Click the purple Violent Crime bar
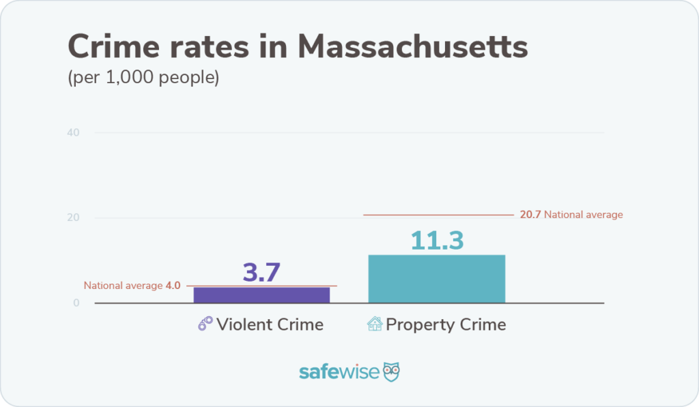click(261, 295)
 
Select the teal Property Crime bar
click(436, 279)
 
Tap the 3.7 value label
click(261, 272)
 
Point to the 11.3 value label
click(437, 240)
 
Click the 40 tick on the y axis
click(74, 132)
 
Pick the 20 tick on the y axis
click(74, 218)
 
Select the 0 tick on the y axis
click(76, 303)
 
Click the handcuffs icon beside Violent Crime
click(205, 324)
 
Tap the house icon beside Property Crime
click(375, 324)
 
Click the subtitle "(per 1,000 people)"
click(143, 78)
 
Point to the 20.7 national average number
click(530, 215)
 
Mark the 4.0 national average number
click(173, 286)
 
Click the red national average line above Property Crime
click(437, 215)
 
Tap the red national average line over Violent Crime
click(261, 286)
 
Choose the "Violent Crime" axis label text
click(270, 324)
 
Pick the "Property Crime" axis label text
click(446, 324)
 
